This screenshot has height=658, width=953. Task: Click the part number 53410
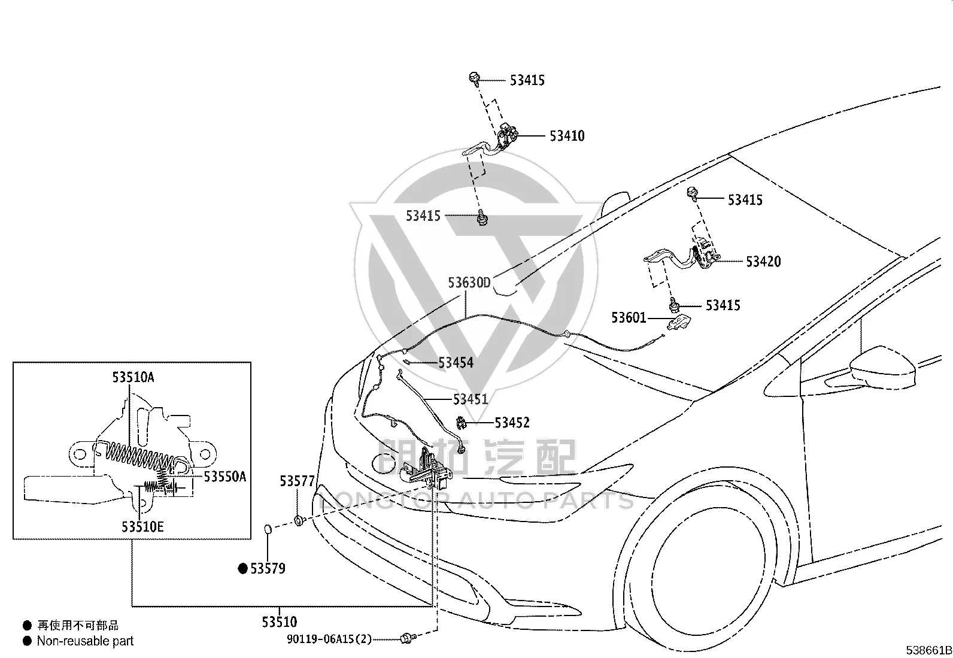coord(567,136)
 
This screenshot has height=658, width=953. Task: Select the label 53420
coord(763,261)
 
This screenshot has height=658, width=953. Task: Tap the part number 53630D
coord(469,282)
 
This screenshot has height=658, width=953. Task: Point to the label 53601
coord(629,317)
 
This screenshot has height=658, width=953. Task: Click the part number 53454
coord(456,363)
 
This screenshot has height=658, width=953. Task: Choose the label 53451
coord(470,399)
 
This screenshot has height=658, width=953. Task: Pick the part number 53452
coord(512,423)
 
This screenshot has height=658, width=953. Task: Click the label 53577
coord(297,481)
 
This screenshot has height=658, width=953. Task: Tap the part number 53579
coord(268,568)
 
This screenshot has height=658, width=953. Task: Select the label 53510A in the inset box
coord(133,377)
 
